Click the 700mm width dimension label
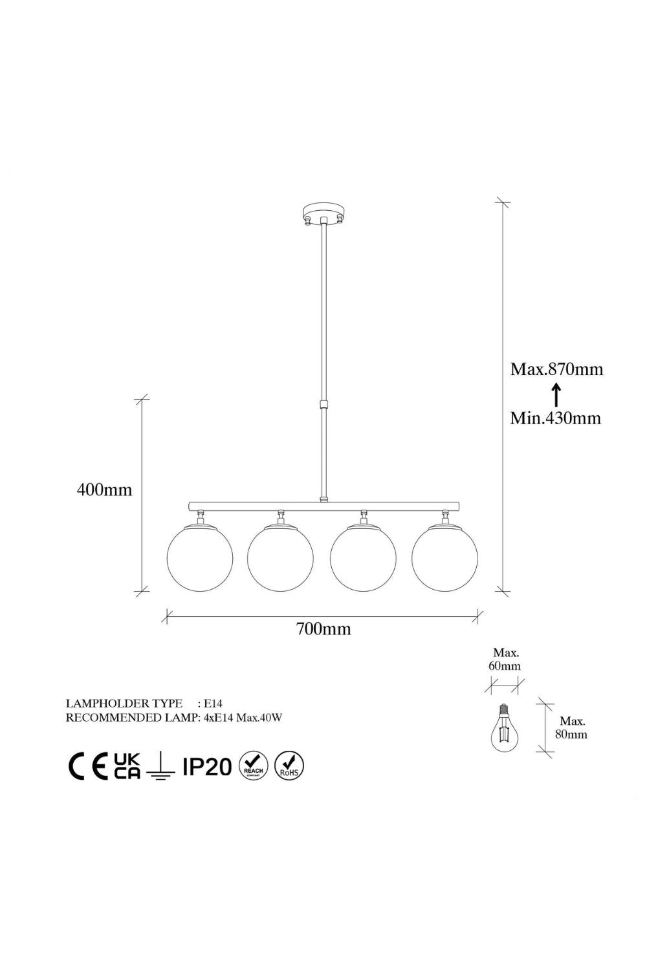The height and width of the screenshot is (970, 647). (x=323, y=629)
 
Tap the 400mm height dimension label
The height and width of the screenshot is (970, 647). (x=104, y=490)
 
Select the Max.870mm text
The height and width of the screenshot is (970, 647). (x=556, y=369)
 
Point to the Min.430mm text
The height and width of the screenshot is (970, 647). (x=556, y=418)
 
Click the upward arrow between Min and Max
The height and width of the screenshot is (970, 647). (x=556, y=394)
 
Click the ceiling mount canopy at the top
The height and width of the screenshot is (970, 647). (x=323, y=213)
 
